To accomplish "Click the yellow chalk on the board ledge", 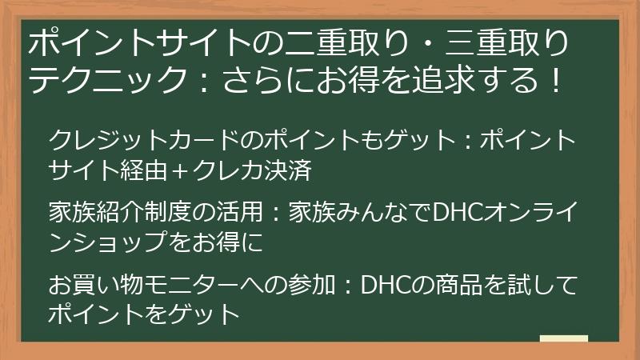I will [x=563, y=338].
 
